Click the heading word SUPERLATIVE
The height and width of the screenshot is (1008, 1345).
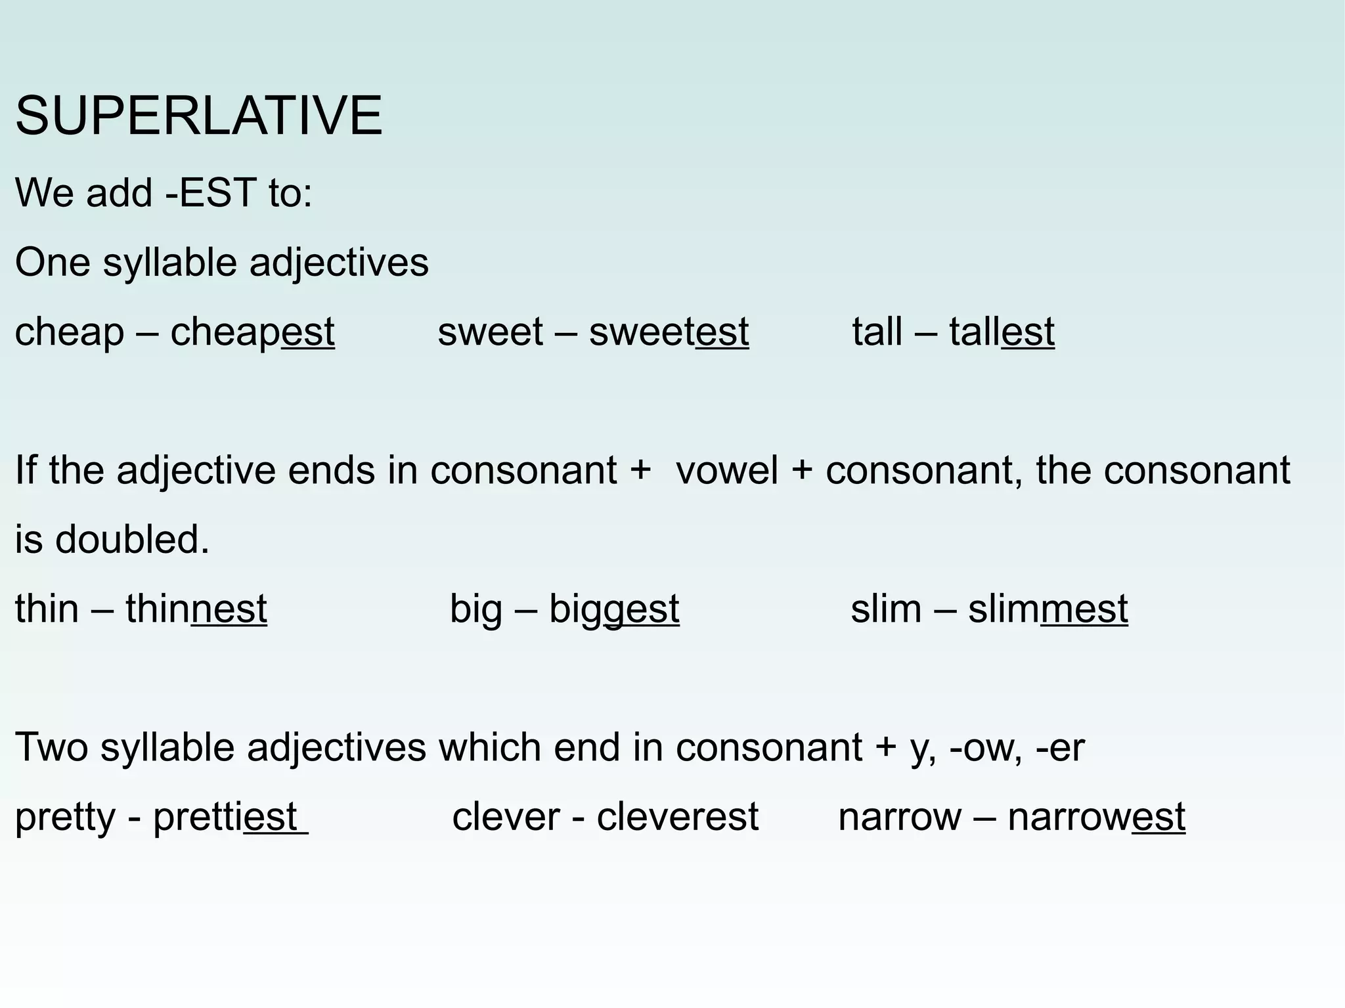click(x=198, y=116)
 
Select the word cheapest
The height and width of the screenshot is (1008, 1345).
click(x=252, y=332)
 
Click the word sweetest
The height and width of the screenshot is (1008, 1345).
click(x=669, y=332)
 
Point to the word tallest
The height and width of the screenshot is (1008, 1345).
click(x=1002, y=332)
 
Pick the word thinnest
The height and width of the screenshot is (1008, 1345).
click(x=196, y=609)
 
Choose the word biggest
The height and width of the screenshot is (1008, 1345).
click(x=613, y=609)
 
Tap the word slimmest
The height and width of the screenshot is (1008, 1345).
click(x=1047, y=609)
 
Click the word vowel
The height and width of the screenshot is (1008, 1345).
click(x=726, y=471)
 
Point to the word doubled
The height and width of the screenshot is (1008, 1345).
click(x=131, y=540)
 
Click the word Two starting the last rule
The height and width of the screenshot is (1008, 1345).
click(x=51, y=748)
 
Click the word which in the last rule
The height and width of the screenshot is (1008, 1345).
click(x=490, y=748)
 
